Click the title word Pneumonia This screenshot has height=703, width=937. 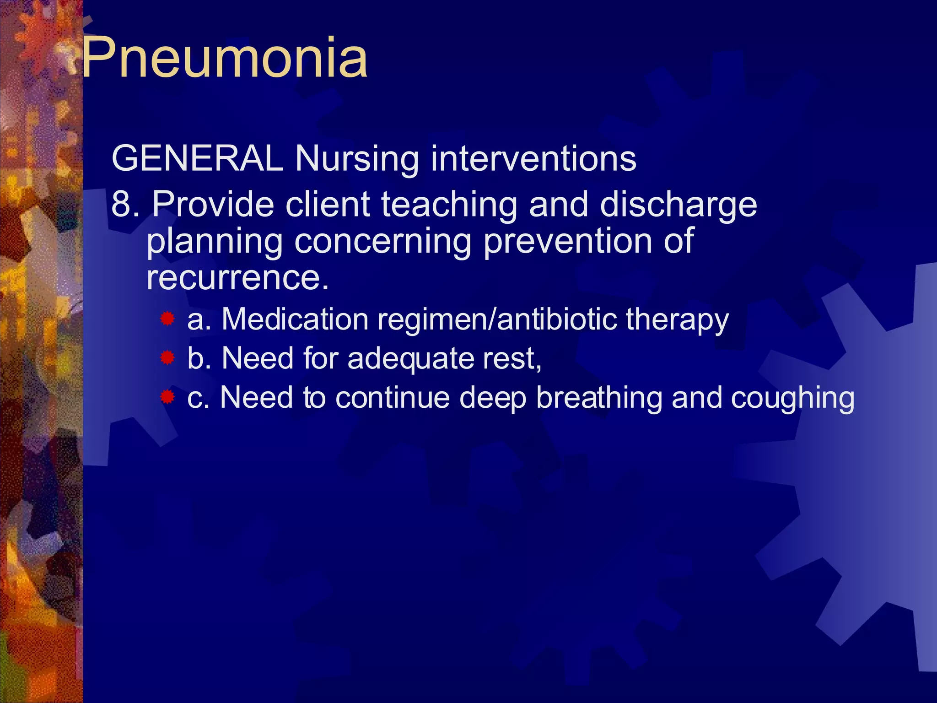coord(224,58)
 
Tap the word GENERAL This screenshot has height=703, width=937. coord(197,158)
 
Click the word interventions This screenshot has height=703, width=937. coord(533,158)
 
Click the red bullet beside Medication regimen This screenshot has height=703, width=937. coord(167,319)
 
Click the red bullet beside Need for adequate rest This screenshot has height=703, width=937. coord(167,358)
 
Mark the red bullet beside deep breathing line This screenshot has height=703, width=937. coord(167,397)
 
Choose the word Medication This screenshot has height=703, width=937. coord(295,319)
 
